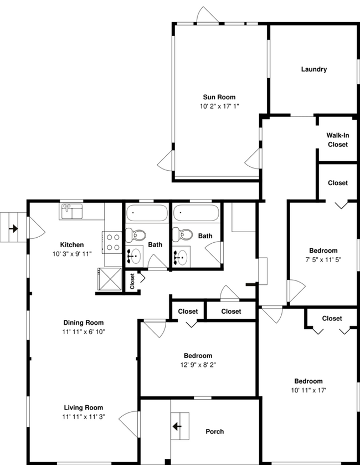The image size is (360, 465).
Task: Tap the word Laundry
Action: (x=313, y=69)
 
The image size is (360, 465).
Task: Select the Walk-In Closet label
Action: (x=337, y=140)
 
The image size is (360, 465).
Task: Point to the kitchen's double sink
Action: (x=71, y=211)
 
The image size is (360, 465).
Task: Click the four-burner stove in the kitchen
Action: (x=113, y=242)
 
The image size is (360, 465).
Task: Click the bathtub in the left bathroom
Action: (x=146, y=214)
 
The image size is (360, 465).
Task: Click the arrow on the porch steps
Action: (x=177, y=426)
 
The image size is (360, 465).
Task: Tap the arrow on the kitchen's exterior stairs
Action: (x=13, y=228)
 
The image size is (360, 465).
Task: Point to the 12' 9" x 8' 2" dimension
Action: (x=198, y=364)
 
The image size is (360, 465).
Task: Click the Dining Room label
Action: (x=83, y=323)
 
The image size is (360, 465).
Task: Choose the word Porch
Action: (x=214, y=431)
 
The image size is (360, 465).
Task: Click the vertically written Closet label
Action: (x=132, y=281)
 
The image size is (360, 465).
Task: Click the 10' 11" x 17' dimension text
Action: (x=308, y=390)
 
